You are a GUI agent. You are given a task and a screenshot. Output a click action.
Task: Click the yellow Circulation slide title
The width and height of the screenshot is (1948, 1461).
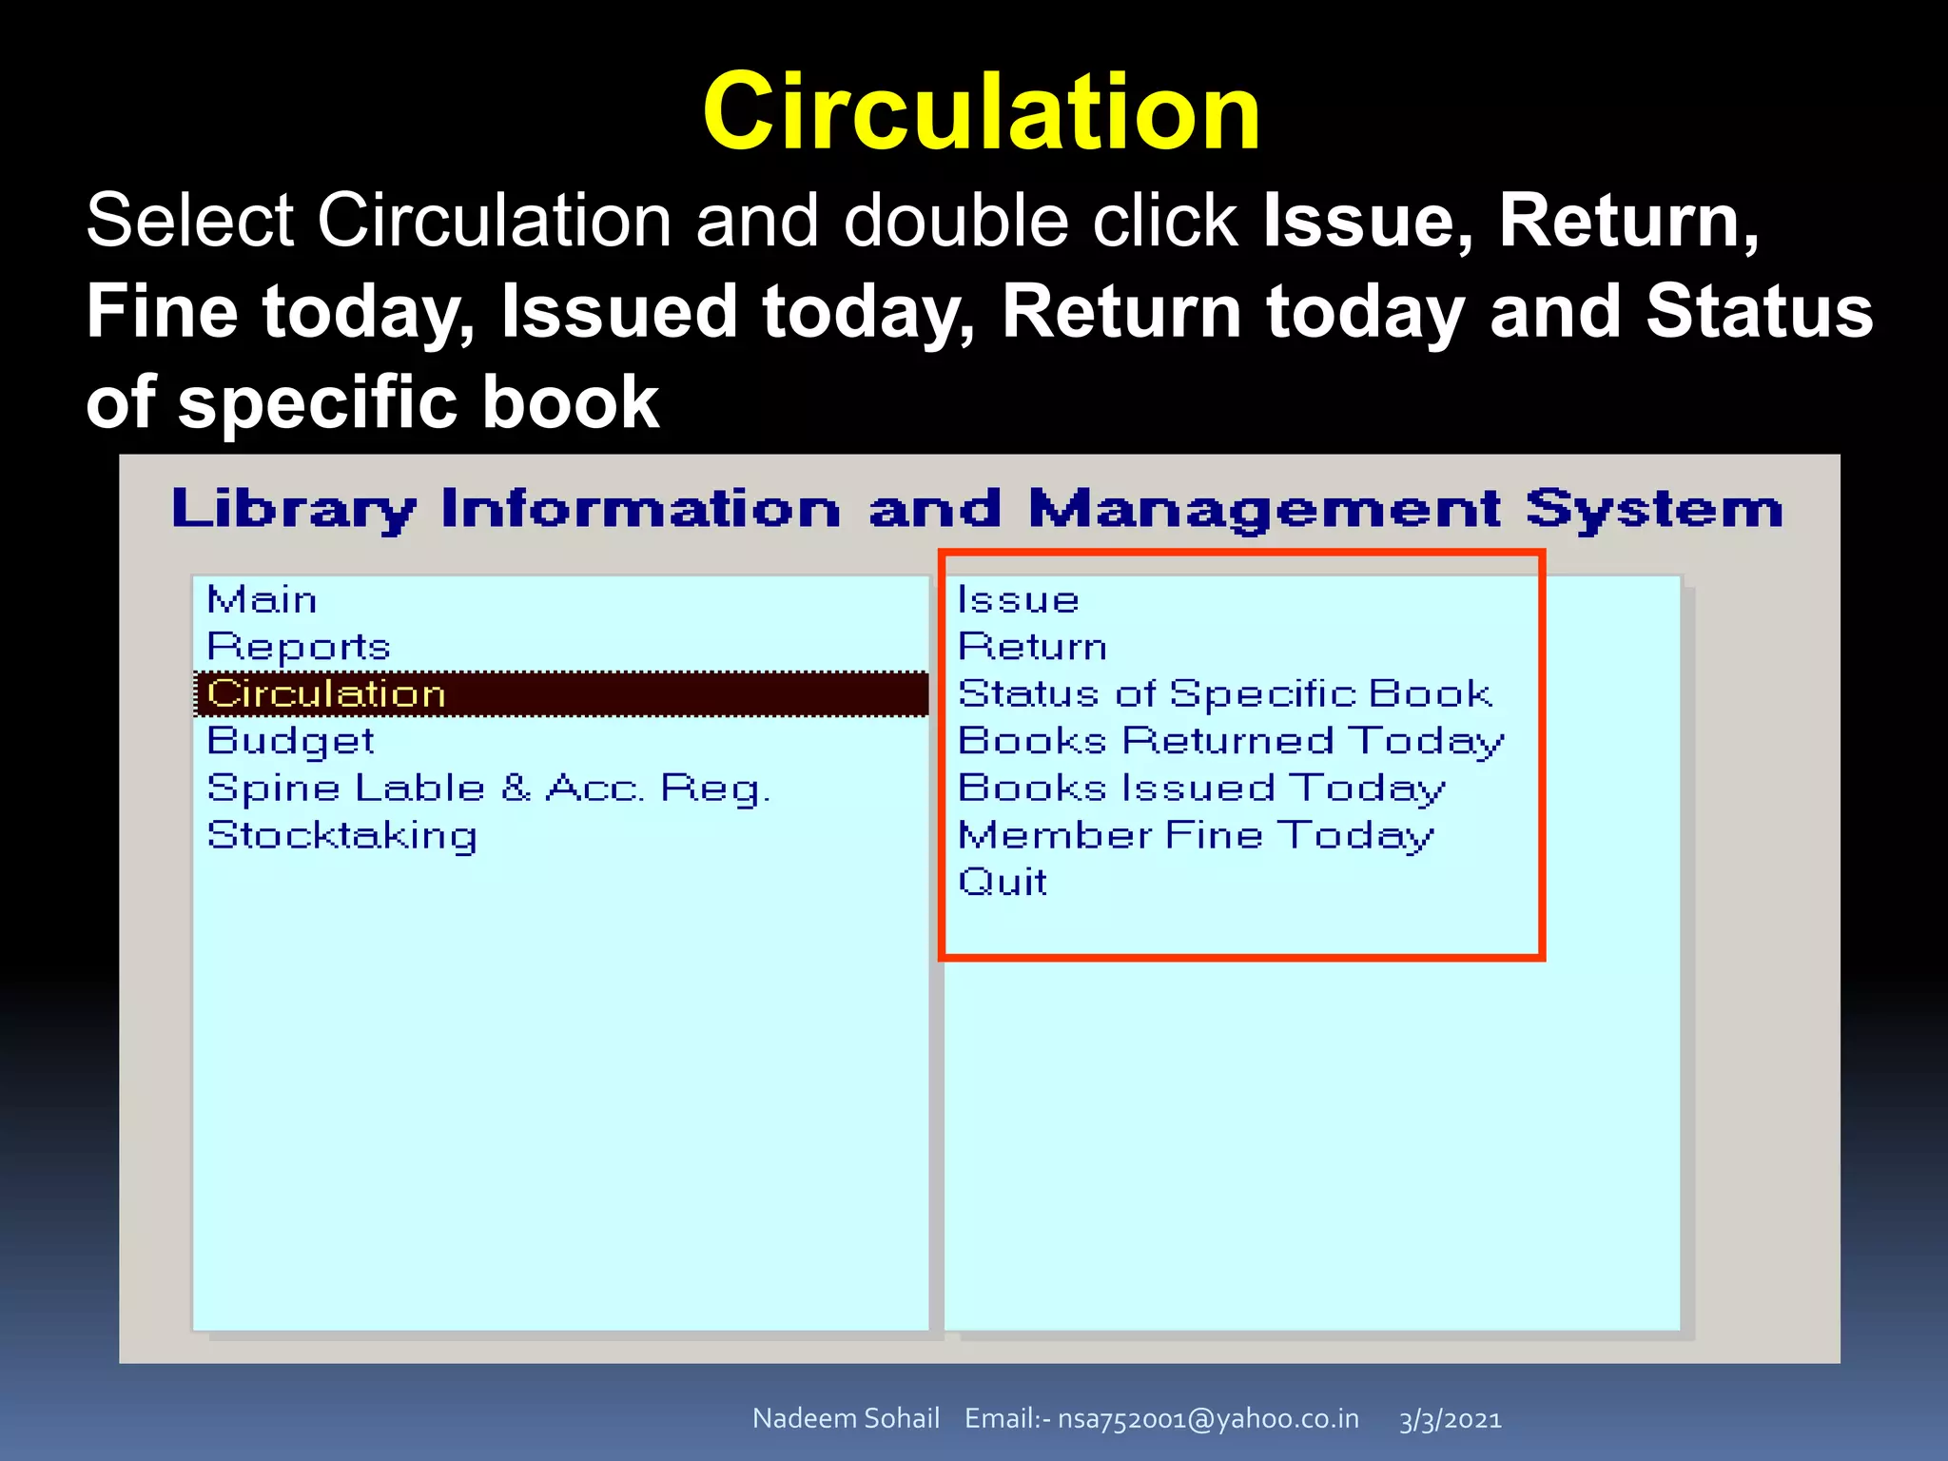(x=982, y=112)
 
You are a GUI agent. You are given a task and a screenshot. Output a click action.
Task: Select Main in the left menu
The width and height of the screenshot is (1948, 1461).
(x=262, y=600)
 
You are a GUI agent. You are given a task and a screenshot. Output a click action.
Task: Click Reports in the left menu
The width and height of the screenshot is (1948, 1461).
(x=299, y=647)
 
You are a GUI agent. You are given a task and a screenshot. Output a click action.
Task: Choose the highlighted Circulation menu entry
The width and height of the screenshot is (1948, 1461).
(x=326, y=693)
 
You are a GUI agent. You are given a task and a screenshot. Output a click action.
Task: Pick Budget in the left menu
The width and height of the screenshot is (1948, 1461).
(x=290, y=741)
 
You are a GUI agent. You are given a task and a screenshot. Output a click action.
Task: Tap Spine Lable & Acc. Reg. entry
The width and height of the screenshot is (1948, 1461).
(x=488, y=789)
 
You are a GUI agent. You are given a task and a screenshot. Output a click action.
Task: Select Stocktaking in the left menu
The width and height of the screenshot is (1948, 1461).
(x=341, y=835)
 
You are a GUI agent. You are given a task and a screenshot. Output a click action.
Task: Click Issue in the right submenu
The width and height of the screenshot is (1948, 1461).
(x=1018, y=600)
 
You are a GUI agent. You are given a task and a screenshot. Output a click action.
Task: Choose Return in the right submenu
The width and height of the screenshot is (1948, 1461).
(x=1032, y=647)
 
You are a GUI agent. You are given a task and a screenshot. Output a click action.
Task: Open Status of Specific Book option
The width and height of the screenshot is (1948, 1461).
(x=1225, y=693)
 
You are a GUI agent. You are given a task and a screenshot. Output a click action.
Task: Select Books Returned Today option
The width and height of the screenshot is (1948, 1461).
(x=1231, y=741)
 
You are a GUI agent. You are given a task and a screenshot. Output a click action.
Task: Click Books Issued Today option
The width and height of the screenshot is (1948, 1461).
(x=1201, y=789)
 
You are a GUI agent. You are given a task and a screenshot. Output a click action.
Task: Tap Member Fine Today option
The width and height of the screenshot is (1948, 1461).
(x=1196, y=835)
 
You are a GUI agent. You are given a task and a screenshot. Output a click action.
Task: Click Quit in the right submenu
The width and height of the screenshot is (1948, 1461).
(x=1003, y=882)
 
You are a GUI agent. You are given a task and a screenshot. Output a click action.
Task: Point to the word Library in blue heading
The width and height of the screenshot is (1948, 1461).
(x=294, y=509)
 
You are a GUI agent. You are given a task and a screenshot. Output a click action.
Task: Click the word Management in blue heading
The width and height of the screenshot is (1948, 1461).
(x=1264, y=509)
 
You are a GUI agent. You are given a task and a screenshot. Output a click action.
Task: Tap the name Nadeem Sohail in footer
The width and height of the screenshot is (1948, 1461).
(x=846, y=1418)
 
